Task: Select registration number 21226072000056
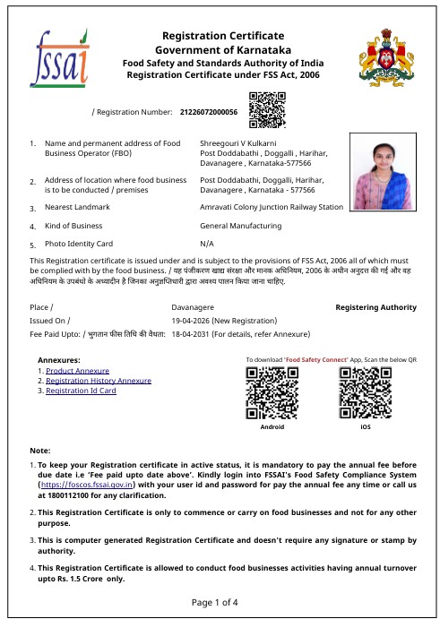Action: (209, 113)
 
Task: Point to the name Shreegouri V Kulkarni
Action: (237, 143)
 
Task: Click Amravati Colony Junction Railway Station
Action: (272, 207)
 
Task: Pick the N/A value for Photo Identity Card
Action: (207, 244)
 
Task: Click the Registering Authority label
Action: (375, 307)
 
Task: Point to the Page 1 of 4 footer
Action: (220, 602)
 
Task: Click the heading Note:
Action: (40, 450)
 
